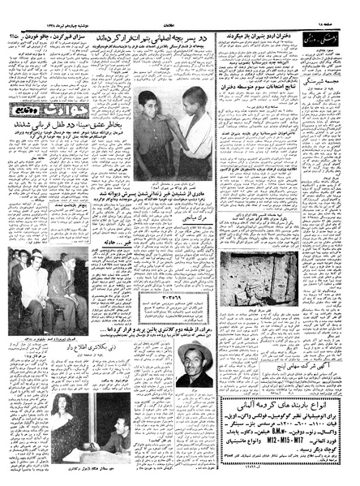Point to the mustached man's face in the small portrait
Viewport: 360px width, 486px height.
coord(191,338)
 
